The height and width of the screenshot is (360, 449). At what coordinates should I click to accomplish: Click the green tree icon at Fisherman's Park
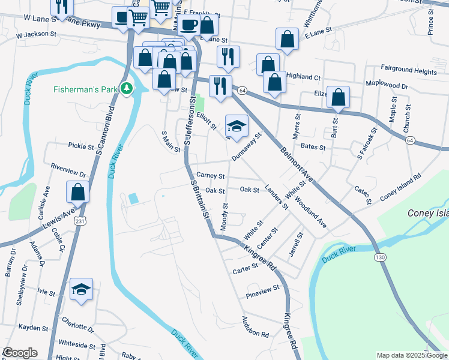point(126,89)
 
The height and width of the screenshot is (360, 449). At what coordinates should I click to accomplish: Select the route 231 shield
point(80,221)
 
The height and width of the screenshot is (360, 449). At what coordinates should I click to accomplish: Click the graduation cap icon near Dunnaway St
point(237,126)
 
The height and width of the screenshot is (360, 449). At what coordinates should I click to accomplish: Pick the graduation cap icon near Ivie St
point(81,289)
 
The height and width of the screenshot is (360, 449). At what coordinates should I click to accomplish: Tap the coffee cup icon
point(189,25)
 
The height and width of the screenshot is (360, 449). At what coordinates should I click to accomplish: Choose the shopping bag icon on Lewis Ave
point(78,192)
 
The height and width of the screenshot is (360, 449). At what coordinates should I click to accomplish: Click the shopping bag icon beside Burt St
point(339,97)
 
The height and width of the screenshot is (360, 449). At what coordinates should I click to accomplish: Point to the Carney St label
point(210,176)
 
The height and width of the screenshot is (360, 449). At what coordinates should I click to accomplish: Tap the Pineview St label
point(263,288)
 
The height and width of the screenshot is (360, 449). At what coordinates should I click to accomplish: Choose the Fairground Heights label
point(409,71)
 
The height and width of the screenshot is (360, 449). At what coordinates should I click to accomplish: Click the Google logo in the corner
point(20,353)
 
